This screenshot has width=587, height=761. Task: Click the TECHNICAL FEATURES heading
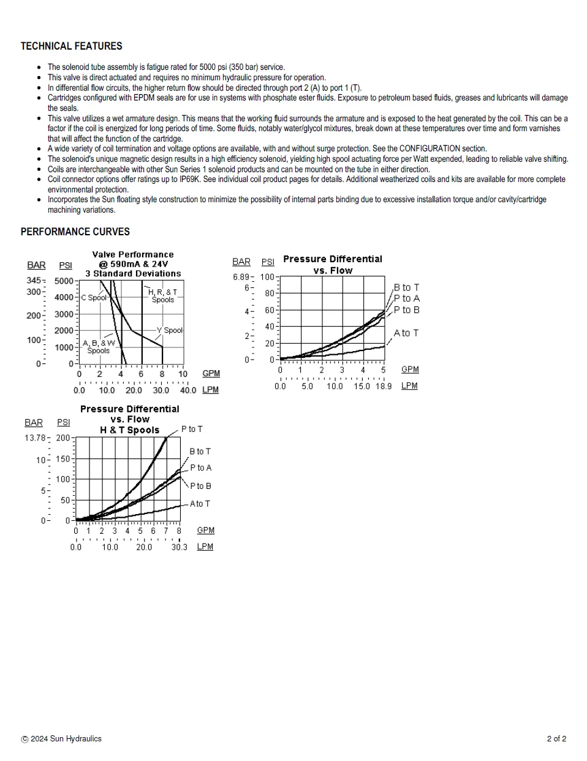[71, 46]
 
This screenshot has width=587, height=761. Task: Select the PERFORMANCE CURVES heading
[75, 232]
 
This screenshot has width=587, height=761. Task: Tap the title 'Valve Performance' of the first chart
[133, 254]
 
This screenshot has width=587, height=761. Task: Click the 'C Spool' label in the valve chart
[94, 298]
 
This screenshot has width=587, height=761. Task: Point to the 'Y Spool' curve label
[170, 330]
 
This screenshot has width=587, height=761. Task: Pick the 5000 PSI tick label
[64, 281]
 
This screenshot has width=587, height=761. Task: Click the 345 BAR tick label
[34, 281]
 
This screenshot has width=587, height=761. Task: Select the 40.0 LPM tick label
[187, 390]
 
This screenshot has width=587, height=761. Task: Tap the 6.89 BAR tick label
[241, 277]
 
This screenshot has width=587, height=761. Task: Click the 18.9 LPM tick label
[383, 386]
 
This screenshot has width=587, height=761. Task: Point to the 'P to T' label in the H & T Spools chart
[192, 430]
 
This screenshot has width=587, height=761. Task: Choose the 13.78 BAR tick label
[35, 438]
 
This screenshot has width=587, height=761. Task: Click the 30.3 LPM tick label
[179, 547]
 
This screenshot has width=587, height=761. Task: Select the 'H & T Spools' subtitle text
[129, 430]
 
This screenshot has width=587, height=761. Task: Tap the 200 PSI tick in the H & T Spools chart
[63, 438]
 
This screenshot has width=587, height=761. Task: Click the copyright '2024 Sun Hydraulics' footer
[61, 738]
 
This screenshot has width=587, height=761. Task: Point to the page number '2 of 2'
[556, 738]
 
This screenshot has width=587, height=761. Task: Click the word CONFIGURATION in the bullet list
[429, 149]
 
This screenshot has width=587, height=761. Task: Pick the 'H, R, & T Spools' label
[162, 296]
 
